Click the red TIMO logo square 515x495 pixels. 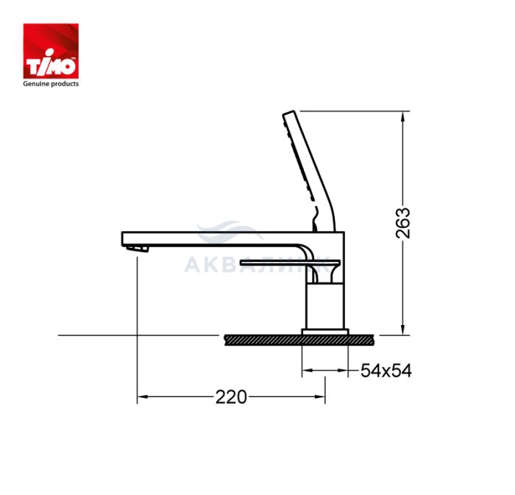click(51, 51)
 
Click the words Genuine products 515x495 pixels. click(51, 84)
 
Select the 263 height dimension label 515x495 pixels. click(402, 223)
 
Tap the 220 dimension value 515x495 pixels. click(231, 397)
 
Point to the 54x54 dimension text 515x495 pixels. click(386, 371)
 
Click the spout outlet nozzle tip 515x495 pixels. click(138, 249)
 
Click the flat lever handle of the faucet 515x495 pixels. click(291, 263)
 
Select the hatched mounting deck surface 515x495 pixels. click(299, 340)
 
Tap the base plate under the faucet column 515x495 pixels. click(325, 332)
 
